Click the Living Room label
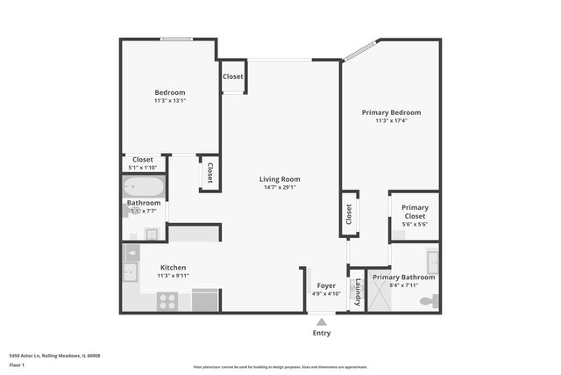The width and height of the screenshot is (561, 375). (280, 179)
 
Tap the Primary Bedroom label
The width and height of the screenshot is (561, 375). (392, 112)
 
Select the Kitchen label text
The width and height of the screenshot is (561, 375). (173, 268)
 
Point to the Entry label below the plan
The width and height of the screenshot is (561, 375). (322, 333)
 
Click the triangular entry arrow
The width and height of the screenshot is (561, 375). (322, 321)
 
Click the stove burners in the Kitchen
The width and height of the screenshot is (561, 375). (167, 301)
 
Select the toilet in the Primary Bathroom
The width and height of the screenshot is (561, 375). (427, 301)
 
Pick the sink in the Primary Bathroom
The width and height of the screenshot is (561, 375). (433, 262)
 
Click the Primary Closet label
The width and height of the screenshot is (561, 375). (415, 212)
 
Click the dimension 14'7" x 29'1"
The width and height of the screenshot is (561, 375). (280, 187)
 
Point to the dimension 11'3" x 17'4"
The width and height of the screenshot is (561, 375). (392, 120)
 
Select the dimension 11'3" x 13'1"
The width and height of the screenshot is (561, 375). (170, 100)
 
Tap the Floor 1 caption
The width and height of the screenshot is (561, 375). (16, 364)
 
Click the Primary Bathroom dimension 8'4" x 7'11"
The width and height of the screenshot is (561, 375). (403, 285)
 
